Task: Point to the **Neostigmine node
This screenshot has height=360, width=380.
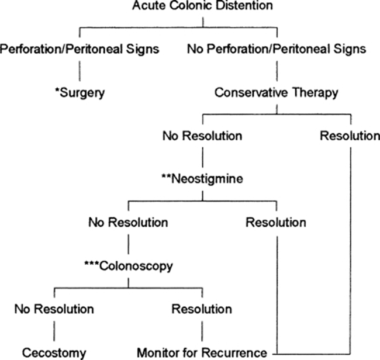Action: [x=202, y=179]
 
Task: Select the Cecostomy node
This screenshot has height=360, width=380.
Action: [x=54, y=352]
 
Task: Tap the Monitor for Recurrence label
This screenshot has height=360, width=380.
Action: [x=202, y=352]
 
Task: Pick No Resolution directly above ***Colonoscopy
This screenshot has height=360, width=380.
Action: [x=128, y=223]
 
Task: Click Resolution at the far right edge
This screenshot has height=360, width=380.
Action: [x=350, y=136]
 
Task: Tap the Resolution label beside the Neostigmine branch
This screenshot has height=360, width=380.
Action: [x=276, y=223]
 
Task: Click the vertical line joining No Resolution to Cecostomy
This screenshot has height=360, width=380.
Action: [x=54, y=331]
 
